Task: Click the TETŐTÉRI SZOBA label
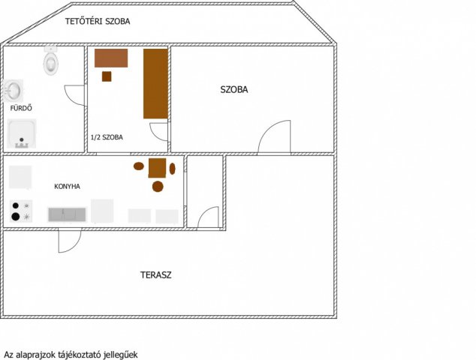click(98, 21)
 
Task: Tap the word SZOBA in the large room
click(234, 89)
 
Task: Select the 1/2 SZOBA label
click(107, 137)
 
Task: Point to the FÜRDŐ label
click(21, 108)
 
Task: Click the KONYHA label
click(67, 187)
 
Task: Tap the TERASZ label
click(155, 275)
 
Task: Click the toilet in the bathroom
click(51, 61)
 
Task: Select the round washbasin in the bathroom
click(14, 91)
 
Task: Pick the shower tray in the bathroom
click(22, 133)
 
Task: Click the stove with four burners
click(20, 211)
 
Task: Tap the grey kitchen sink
click(67, 214)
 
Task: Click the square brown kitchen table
click(157, 168)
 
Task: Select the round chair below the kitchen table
click(158, 187)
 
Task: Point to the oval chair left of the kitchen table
click(138, 166)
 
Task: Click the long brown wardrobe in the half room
click(155, 84)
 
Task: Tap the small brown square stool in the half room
click(107, 76)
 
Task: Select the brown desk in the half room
click(111, 58)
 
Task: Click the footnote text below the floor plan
click(71, 355)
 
